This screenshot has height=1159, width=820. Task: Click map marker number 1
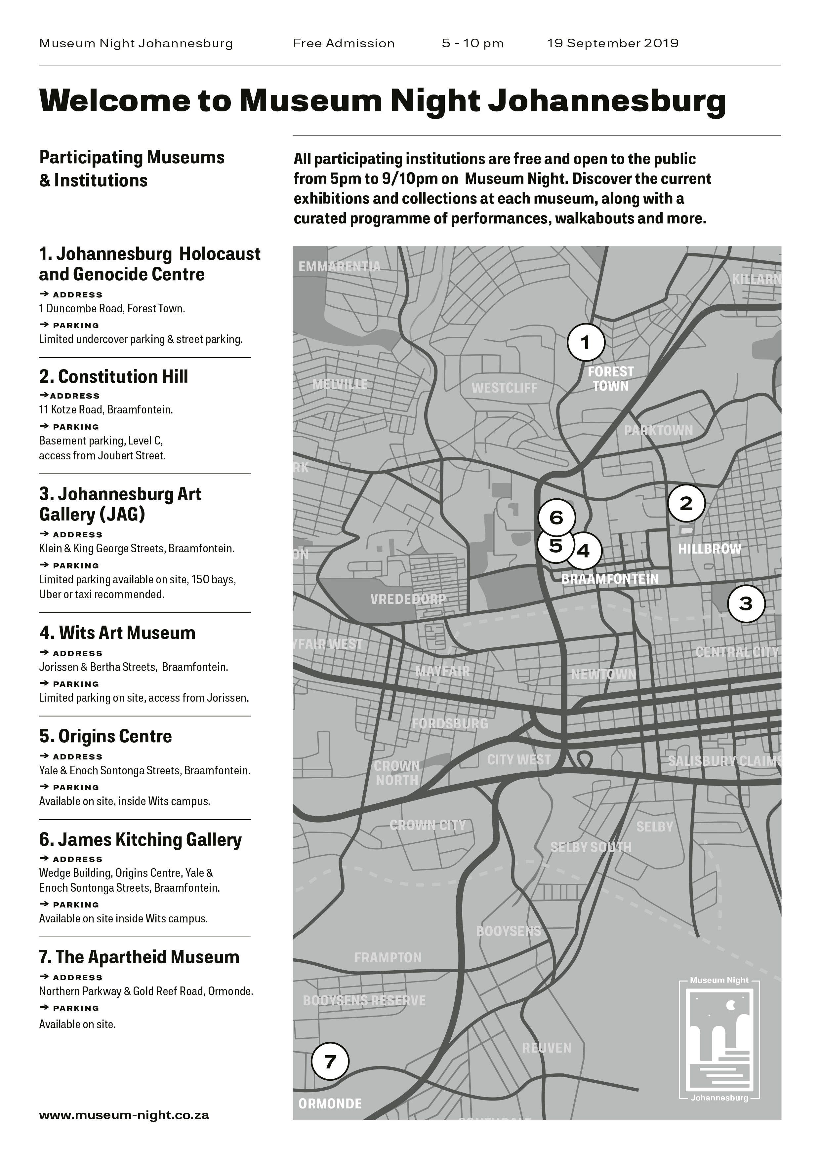pos(586,343)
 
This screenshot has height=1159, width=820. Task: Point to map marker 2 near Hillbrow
pos(686,503)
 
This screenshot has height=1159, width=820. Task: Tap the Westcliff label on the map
pos(505,388)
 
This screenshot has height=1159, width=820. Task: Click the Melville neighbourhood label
pos(340,384)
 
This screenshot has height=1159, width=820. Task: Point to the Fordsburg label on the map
pos(450,723)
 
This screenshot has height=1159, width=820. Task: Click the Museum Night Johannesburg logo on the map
pos(719,1039)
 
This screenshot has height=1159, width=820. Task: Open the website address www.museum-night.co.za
pos(124,1115)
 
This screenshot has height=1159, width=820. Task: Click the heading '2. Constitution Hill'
pos(114,376)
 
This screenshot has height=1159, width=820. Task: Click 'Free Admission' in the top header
pos(343,43)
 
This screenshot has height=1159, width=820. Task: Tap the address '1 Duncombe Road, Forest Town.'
pos(112,308)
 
